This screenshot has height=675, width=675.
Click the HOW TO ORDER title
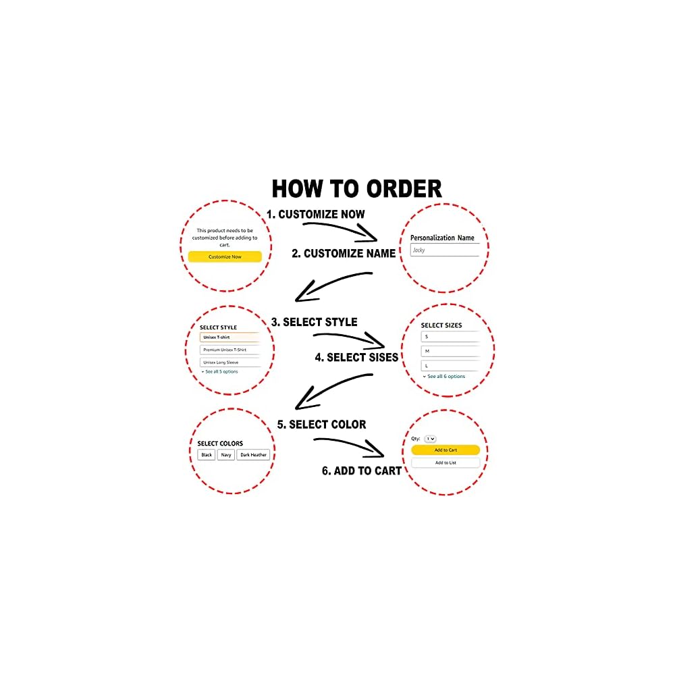(356, 189)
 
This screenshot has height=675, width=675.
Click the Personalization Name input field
(445, 250)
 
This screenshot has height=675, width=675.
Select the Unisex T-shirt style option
(230, 337)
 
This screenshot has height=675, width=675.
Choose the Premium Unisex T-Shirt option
(230, 350)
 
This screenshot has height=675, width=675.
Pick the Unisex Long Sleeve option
(230, 362)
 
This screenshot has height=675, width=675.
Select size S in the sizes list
(450, 337)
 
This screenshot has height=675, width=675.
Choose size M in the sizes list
(450, 351)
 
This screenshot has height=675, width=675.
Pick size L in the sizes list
(450, 366)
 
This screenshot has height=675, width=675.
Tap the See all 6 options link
(444, 376)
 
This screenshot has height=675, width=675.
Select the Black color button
(207, 454)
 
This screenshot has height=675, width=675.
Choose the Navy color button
(226, 454)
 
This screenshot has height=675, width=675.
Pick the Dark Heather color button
(253, 454)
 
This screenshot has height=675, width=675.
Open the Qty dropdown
(430, 439)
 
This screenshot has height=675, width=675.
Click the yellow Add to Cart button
(446, 450)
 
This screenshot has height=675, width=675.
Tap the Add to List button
(446, 463)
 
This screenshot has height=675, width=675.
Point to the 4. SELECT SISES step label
(356, 357)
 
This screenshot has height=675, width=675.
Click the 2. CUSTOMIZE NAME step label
(344, 254)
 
